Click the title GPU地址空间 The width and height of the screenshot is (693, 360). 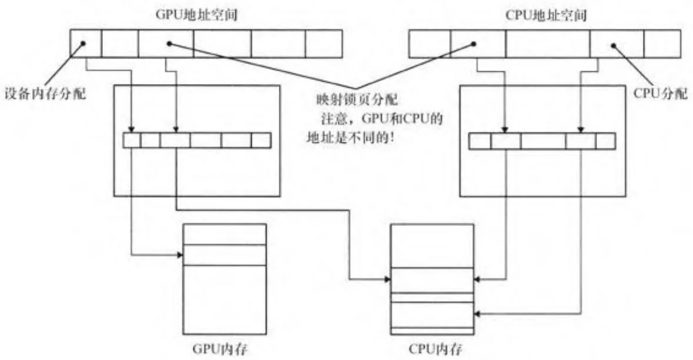click(x=205, y=13)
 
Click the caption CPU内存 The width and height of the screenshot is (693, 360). click(x=432, y=349)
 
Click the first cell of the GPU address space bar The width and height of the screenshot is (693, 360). click(x=86, y=43)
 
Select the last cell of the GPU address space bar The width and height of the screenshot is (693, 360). click(x=323, y=43)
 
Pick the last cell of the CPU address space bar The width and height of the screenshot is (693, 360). click(x=662, y=43)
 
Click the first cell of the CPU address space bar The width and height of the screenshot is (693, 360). click(x=429, y=43)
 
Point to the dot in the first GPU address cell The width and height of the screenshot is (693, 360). click(x=84, y=44)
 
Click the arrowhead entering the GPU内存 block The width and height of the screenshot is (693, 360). click(x=179, y=255)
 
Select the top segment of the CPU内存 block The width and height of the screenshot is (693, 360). click(x=432, y=245)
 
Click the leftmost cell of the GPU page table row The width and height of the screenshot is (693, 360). click(x=132, y=141)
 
